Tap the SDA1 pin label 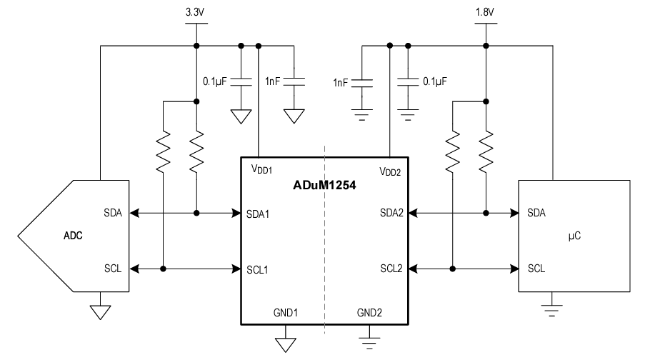[262, 213]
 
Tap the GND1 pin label [286, 313]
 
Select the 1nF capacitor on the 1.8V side [363, 83]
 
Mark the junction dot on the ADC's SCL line [164, 269]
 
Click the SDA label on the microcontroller [536, 213]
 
